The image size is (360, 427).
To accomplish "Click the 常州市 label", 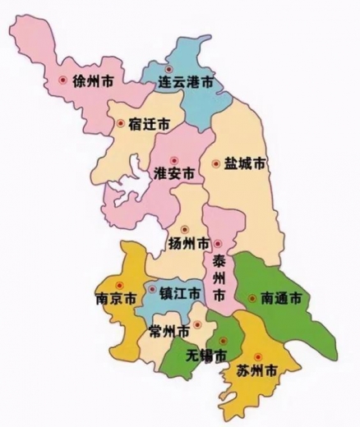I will pos(168,332).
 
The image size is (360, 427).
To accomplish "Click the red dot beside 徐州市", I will pos(62,80).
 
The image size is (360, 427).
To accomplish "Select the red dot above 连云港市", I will pos(170,70).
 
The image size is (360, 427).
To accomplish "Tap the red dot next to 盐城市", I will pos(216,163).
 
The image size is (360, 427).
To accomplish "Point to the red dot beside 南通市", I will pos(252,297).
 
